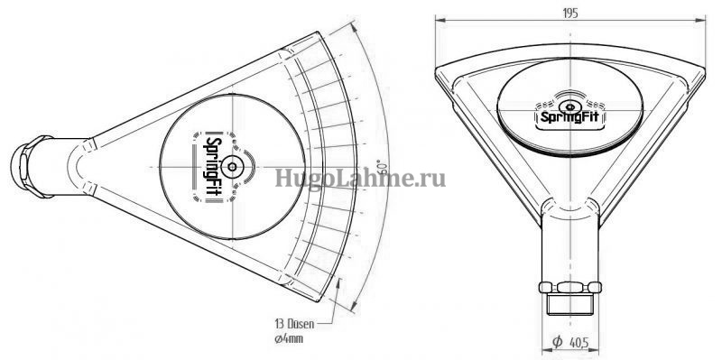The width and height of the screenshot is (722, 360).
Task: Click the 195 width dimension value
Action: point(569,14)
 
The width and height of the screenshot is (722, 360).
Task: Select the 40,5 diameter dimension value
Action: point(579,343)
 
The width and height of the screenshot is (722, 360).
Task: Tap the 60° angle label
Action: point(382,167)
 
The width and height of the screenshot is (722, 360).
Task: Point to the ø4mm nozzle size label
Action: point(288,340)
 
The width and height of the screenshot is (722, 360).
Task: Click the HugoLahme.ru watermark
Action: point(360,178)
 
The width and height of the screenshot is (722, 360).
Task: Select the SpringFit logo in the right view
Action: point(570,117)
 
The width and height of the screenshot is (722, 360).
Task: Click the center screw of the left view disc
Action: point(232,166)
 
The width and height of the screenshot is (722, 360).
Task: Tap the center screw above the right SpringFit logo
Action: point(570,106)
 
